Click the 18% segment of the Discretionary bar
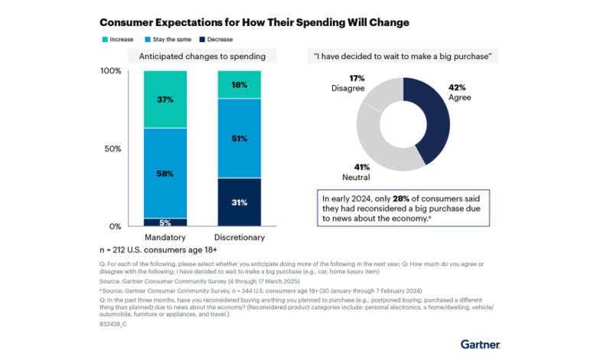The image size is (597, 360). (x=240, y=84)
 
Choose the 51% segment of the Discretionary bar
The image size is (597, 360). (x=240, y=139)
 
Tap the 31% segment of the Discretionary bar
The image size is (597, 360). (x=240, y=202)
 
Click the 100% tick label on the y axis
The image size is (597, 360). (x=111, y=71)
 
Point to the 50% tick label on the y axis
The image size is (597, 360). (x=113, y=149)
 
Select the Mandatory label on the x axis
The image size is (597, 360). (x=165, y=237)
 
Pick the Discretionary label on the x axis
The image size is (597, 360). (x=240, y=237)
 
